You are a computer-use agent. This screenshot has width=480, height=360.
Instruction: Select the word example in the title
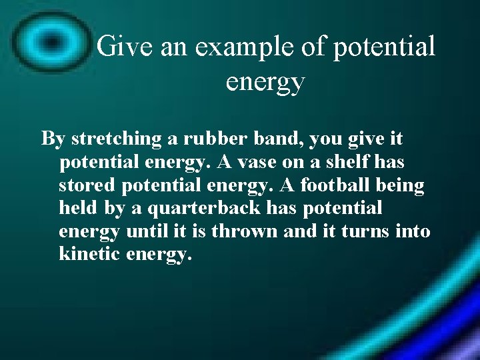[x=229, y=47]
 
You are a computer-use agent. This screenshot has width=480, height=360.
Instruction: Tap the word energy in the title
[x=265, y=82]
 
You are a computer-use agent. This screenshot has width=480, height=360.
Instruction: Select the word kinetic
[x=87, y=254]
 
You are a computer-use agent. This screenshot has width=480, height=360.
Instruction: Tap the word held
[x=78, y=209]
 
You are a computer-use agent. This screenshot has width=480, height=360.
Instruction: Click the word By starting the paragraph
[x=53, y=139]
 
